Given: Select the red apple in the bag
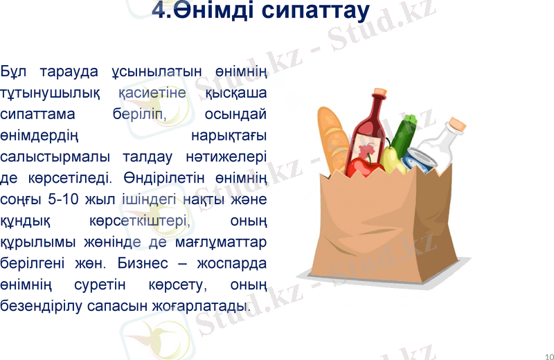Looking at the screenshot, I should coord(363,168).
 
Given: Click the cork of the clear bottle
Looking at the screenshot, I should coord(456,125).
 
